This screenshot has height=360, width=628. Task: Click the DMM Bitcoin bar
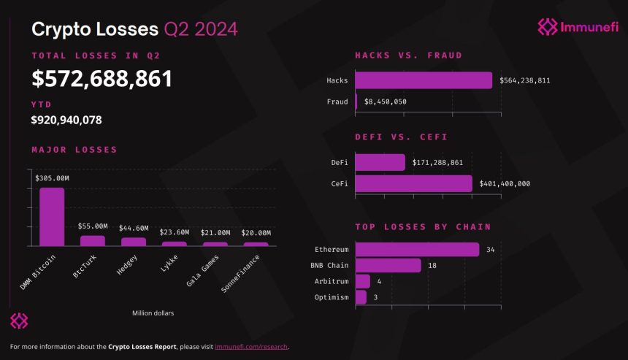click(52, 216)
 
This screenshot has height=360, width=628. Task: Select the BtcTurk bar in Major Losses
click(93, 240)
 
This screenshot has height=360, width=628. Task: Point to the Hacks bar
click(424, 80)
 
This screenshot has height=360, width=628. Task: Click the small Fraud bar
click(356, 102)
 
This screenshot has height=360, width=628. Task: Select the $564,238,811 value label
click(525, 80)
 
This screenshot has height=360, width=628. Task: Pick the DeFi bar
click(380, 162)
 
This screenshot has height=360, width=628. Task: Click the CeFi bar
click(414, 183)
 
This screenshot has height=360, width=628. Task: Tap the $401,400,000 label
click(505, 184)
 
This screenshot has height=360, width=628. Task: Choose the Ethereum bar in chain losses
click(417, 250)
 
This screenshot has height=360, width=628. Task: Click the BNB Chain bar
click(388, 265)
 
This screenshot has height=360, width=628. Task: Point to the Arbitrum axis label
click(332, 281)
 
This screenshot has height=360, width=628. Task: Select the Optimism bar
click(361, 297)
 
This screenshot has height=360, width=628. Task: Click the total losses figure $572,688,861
click(102, 79)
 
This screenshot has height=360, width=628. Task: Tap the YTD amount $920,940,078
click(66, 119)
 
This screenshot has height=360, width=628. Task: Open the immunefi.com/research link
click(251, 346)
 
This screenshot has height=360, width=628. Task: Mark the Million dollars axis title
click(153, 313)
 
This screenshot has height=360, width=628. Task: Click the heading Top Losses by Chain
click(423, 227)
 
